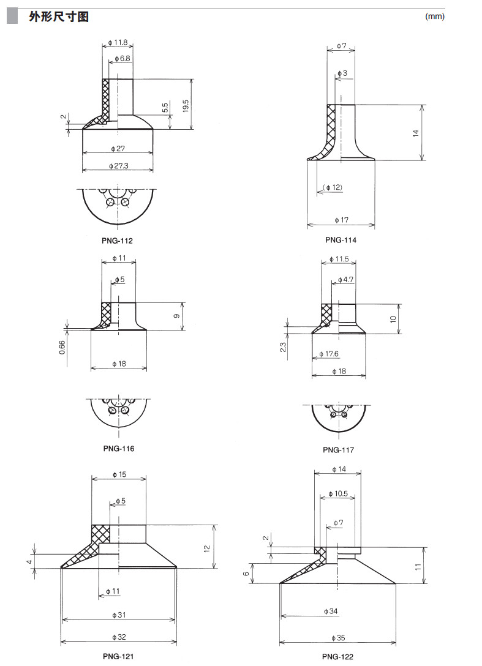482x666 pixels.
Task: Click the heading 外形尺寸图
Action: pos(59,17)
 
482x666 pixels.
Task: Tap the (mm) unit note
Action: pos(435,17)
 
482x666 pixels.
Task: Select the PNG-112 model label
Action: pos(118,241)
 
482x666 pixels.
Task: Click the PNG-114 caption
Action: pos(341,240)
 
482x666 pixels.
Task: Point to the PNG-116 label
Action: pos(119,449)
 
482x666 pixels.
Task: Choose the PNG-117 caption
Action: pos(338,450)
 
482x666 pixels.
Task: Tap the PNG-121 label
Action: pos(118,656)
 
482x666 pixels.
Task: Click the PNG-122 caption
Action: pos(337,657)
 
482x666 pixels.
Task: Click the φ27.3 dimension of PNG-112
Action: pos(119,166)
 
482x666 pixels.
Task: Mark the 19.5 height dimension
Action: pos(186,106)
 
